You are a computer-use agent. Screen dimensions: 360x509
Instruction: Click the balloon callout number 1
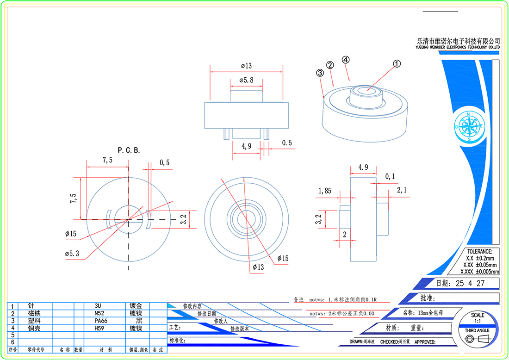click(397, 64)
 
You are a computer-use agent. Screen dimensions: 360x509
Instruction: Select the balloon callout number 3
click(319, 73)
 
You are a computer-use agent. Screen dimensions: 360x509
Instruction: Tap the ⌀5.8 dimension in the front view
click(246, 80)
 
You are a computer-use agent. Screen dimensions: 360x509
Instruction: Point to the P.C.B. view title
click(129, 150)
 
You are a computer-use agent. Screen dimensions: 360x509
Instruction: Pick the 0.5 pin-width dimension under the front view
click(287, 143)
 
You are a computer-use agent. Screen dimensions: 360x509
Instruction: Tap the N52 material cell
click(98, 313)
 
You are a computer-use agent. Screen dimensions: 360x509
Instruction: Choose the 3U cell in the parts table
click(98, 306)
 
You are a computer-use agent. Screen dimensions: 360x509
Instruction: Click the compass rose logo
click(469, 126)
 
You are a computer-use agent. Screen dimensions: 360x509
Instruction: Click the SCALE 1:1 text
click(478, 318)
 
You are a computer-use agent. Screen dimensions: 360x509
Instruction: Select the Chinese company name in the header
click(458, 41)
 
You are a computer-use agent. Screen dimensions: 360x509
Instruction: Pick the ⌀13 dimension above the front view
click(246, 66)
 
